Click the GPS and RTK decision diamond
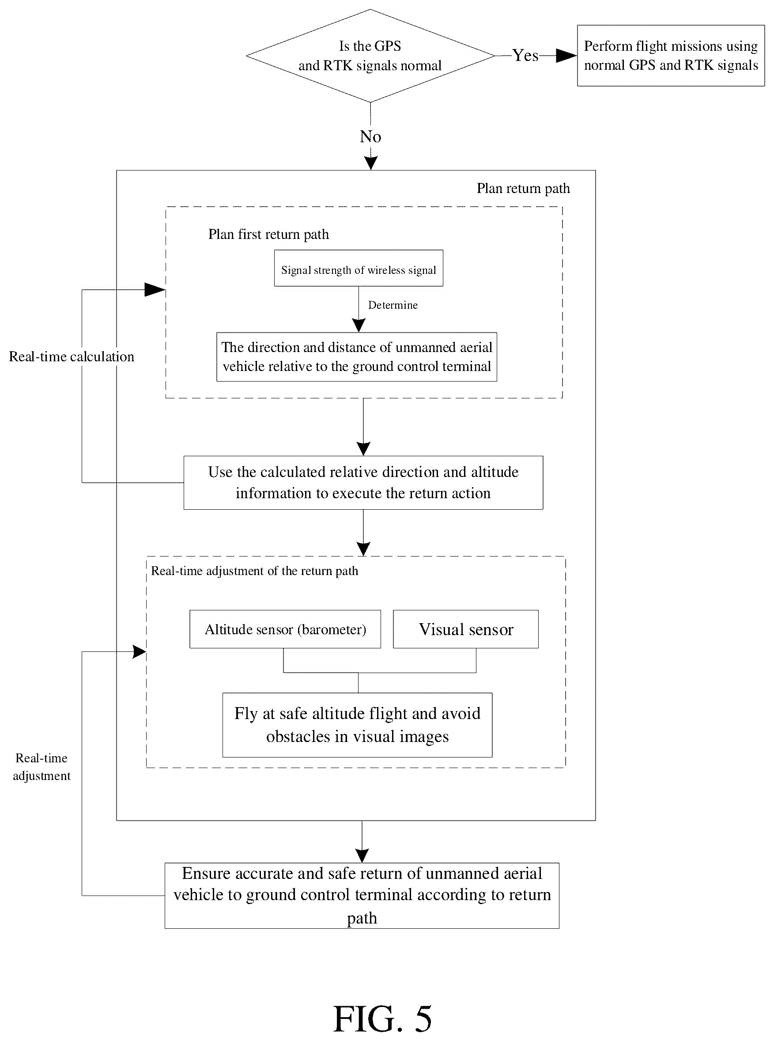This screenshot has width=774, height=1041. click(370, 56)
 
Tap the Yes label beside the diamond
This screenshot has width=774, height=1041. click(525, 55)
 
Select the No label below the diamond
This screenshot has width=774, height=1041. click(370, 136)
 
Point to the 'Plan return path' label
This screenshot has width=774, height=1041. click(523, 189)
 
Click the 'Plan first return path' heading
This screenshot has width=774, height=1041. click(268, 235)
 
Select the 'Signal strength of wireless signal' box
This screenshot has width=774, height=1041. click(359, 268)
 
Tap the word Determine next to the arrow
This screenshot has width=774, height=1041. click(393, 305)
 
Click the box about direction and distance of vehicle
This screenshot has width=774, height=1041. click(357, 357)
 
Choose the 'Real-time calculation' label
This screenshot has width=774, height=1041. click(72, 357)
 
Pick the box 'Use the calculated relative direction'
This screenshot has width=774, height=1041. click(363, 482)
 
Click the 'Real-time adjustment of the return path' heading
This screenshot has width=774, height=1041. click(254, 571)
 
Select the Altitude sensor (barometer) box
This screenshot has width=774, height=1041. click(285, 629)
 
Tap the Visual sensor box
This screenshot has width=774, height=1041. click(466, 629)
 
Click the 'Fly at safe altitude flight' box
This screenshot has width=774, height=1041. click(358, 725)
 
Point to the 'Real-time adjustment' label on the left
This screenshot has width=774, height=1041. click(42, 767)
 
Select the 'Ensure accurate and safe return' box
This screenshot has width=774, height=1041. click(362, 895)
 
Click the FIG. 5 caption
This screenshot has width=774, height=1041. click(382, 1019)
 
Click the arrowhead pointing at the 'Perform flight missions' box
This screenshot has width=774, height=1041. click(566, 56)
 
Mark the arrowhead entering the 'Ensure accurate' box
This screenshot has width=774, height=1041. click(362, 856)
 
